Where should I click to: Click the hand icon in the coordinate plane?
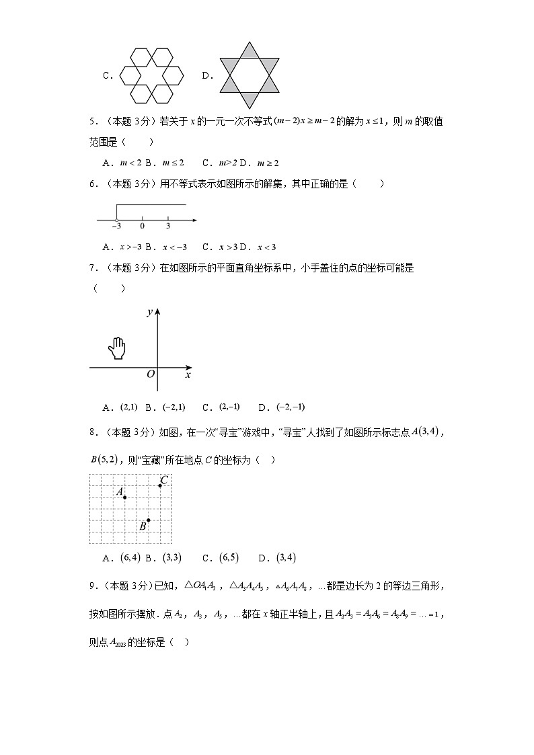[117, 348]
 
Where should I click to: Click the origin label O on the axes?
[151, 374]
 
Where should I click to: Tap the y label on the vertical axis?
[149, 312]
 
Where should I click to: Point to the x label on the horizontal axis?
[188, 374]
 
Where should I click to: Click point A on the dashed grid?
[125, 497]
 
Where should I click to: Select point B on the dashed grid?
[148, 520]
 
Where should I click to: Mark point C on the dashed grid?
[160, 485]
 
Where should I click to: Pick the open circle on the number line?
[117, 220]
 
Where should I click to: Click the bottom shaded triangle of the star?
[250, 100]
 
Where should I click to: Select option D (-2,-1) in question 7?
[282, 407]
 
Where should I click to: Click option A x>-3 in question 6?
[122, 247]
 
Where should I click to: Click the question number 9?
[93, 586]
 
